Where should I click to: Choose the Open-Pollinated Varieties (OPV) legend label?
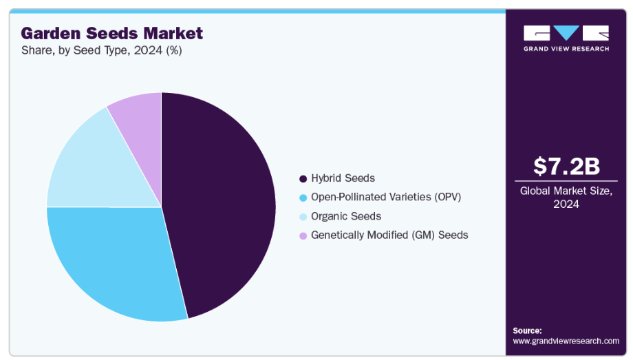point(385,197)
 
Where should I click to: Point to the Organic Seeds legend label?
point(345,216)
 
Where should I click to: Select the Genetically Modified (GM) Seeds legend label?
point(389,235)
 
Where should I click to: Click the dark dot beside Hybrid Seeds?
point(303,179)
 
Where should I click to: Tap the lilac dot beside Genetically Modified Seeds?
point(303,235)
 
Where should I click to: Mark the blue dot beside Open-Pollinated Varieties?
point(303,198)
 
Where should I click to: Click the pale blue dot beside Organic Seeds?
point(303,217)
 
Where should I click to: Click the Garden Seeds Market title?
point(112,33)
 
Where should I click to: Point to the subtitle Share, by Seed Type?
point(101,50)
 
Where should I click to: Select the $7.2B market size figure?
point(566,166)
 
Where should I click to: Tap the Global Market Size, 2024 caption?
point(566,198)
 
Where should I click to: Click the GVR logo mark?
point(566,33)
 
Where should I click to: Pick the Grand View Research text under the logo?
point(566,49)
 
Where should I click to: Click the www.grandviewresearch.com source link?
point(566,341)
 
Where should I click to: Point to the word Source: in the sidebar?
point(527,330)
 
